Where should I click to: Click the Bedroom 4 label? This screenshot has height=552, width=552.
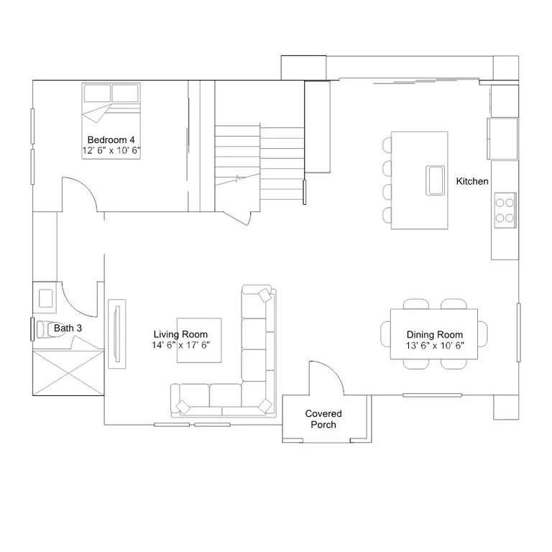[111, 139]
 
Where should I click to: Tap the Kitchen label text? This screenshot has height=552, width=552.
[472, 181]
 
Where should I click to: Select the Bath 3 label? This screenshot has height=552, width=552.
[68, 328]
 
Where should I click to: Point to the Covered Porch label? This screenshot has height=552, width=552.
[323, 419]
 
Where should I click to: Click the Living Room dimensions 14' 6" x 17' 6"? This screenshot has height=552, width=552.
[181, 345]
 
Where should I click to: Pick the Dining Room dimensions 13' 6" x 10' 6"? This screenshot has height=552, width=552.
[435, 345]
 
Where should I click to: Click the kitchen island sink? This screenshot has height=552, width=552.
[436, 180]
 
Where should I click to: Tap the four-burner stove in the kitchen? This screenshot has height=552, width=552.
[505, 210]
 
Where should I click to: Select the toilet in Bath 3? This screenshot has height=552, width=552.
[50, 329]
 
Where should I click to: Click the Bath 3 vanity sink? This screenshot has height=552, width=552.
[46, 298]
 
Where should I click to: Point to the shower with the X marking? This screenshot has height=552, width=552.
[68, 372]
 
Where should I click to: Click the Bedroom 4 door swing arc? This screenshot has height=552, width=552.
[86, 186]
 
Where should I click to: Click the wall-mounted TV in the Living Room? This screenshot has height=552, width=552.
[117, 333]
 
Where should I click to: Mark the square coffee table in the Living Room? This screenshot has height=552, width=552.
[199, 340]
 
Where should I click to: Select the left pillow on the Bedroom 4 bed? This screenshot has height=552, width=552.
[98, 93]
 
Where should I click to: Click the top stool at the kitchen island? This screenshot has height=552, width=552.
[387, 145]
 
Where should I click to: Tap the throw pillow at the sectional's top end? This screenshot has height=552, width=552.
[264, 295]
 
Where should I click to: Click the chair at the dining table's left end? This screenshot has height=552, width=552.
[385, 334]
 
